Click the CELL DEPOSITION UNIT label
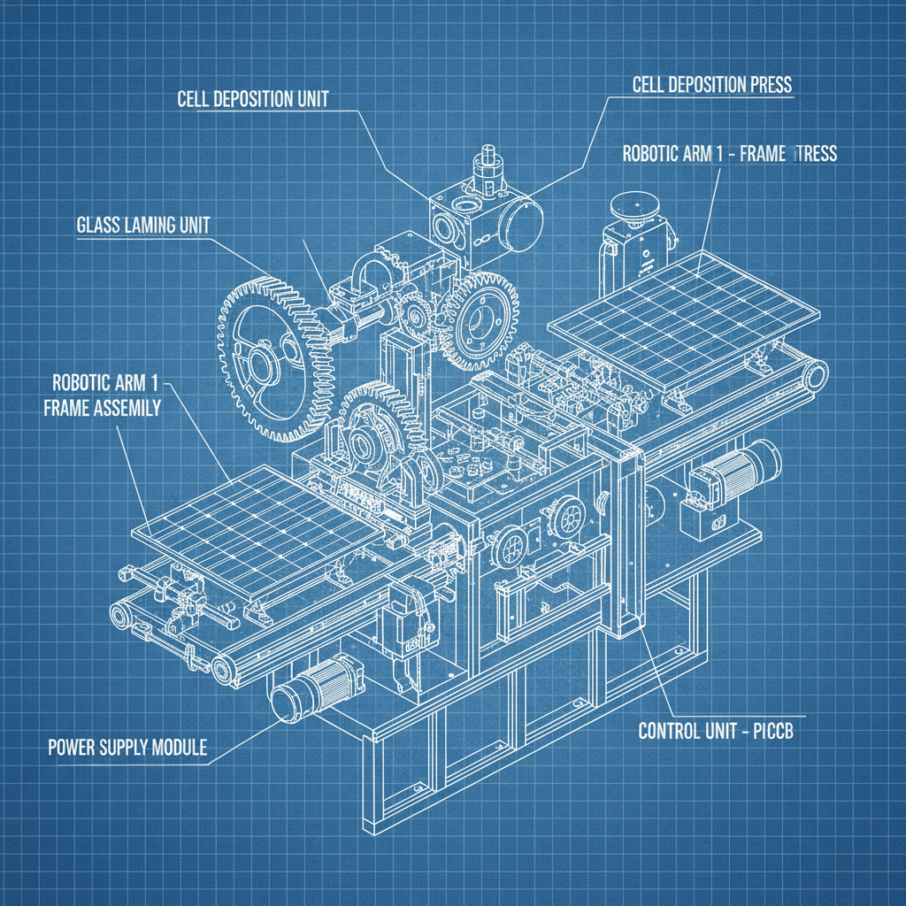(253, 99)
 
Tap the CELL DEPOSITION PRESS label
(712, 85)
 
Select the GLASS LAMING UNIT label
(139, 225)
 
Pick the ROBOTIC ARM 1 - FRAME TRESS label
(729, 153)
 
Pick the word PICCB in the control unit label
(784, 733)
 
